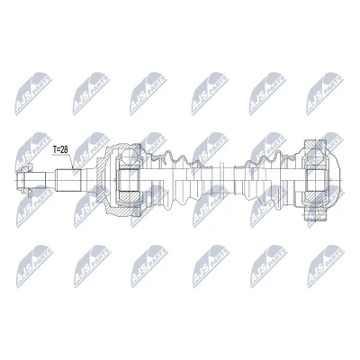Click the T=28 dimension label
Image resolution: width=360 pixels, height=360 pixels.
point(60,149)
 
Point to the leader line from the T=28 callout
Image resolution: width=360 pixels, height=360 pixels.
point(71,160)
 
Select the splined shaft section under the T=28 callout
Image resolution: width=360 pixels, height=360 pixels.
point(68,180)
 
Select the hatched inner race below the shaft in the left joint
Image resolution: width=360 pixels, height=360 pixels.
point(129,197)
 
